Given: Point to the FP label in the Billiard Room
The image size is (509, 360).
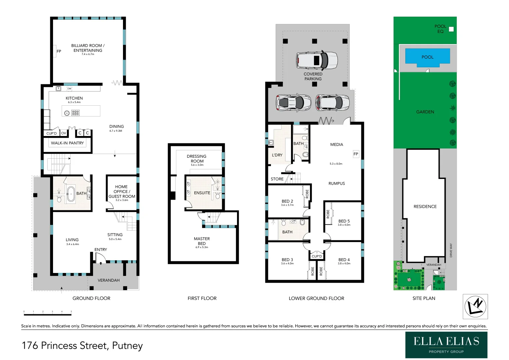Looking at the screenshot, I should point(59,51).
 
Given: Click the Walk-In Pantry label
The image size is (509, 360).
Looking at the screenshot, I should point(67,143).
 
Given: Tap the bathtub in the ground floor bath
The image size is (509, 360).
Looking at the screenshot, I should point(71,194).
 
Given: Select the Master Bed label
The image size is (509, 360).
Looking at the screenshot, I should point(202,241).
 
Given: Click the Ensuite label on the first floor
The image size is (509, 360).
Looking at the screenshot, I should point(202,193).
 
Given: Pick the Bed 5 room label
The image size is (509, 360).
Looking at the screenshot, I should point(344,221).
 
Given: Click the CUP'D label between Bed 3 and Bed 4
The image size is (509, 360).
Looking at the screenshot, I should point(317,256).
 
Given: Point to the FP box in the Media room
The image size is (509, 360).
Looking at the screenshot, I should point(356,154).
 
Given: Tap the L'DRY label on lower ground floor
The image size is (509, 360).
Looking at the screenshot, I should point(277,155).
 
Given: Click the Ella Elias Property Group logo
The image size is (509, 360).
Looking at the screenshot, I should point(446,345).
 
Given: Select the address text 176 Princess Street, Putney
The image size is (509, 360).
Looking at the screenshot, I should point(82,346).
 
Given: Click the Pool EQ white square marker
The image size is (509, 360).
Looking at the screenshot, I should point(451,29).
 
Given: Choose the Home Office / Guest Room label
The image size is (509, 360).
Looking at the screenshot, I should point(122,192).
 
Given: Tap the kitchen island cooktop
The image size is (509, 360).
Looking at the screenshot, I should point(75,113).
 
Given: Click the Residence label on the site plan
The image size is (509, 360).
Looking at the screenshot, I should point(425,207).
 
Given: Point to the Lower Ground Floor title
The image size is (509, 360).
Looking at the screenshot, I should point(316,298).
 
